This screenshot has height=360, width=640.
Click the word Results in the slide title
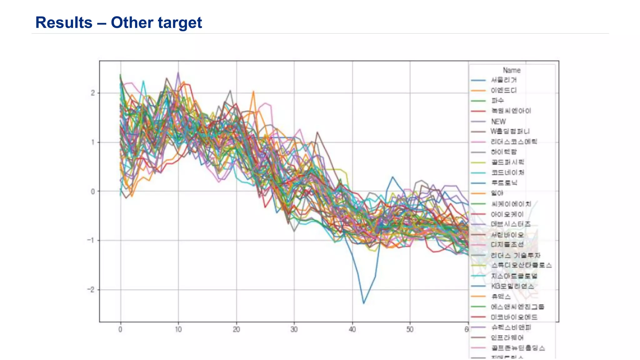64,23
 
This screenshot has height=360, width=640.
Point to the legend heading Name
512,70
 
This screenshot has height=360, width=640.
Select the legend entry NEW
498,122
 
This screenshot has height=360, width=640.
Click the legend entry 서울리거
504,80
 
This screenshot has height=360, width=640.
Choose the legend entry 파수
497,101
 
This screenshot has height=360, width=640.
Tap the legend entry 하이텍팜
504,152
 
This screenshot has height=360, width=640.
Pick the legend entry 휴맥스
501,297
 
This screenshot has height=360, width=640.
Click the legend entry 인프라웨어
507,338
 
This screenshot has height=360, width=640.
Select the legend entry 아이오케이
507,214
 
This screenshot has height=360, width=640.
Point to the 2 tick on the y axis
93,93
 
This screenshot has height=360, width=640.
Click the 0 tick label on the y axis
93,192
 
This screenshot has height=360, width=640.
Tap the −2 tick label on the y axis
91,290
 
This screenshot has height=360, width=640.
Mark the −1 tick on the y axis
91,240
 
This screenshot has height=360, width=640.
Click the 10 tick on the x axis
178,329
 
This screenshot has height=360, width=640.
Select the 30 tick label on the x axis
294,329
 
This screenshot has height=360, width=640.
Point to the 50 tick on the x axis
410,329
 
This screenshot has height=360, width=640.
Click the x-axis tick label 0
120,329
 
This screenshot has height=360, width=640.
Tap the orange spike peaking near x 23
253,92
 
